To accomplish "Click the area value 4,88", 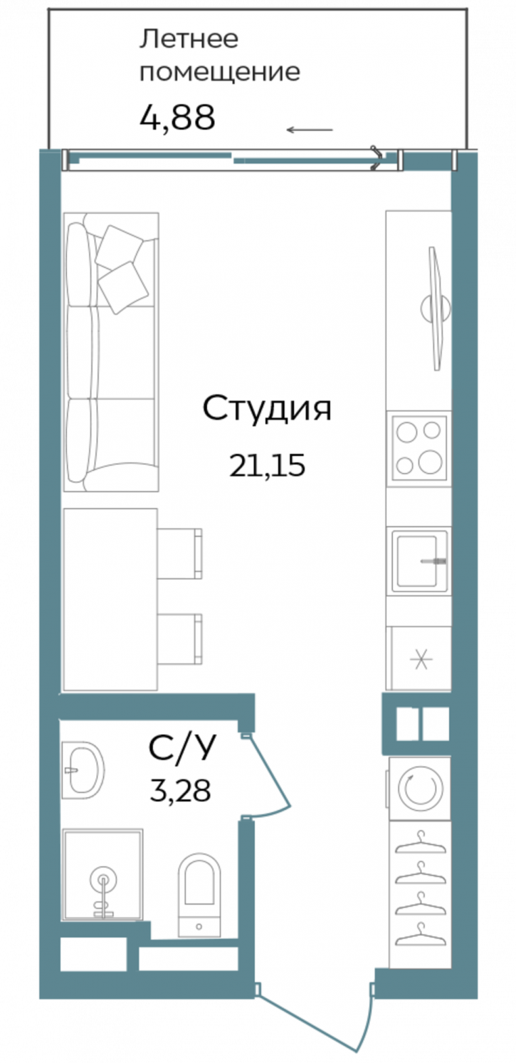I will [177, 118].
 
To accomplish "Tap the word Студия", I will [267, 409].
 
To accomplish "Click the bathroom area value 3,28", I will [180, 790].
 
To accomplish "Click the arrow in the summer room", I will [310, 130].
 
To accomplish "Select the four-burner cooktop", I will [418, 447].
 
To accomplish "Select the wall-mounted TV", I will [436, 308].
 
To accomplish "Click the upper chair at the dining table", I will [180, 552].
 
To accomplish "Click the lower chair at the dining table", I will [180, 639].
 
